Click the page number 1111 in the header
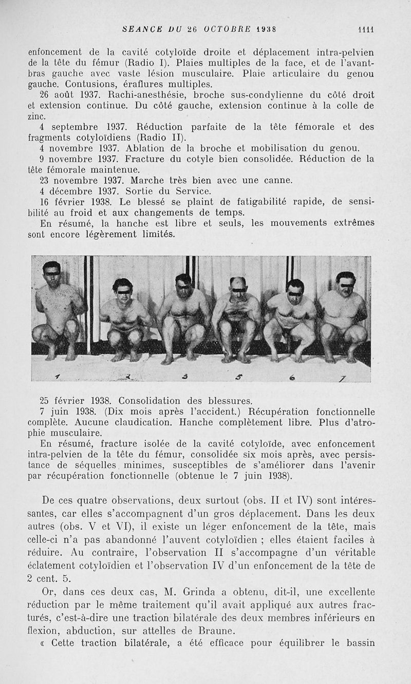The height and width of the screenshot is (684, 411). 366,29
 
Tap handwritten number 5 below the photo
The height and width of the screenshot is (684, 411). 238,378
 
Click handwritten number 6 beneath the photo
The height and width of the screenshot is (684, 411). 292,378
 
